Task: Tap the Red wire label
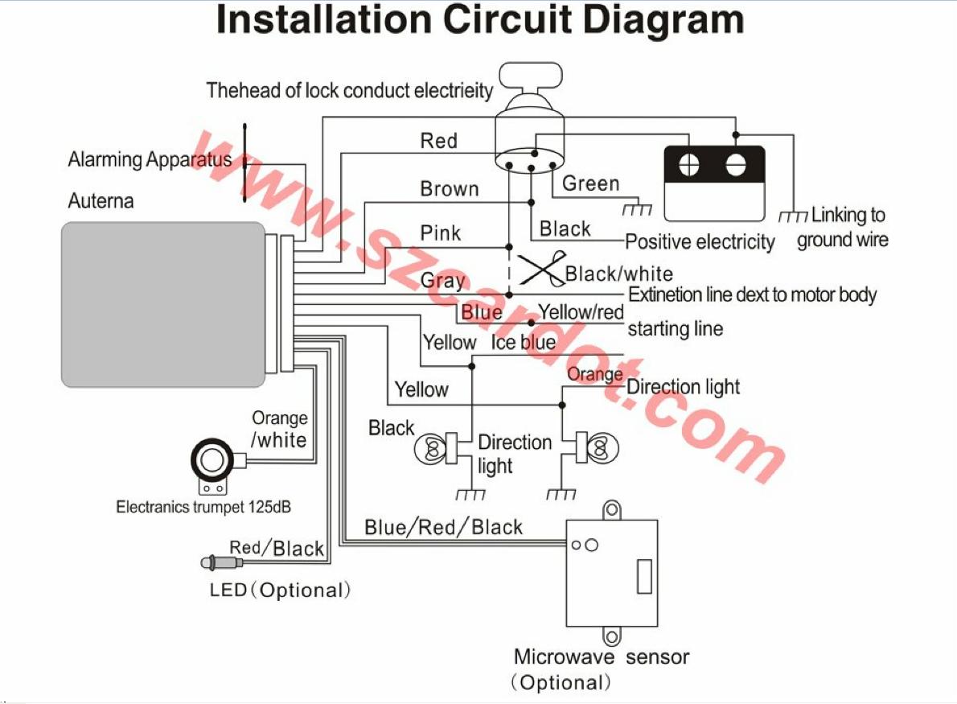[438, 141]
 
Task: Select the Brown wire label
[449, 189]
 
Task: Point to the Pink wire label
[441, 233]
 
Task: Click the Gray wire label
[442, 280]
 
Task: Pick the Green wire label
[590, 183]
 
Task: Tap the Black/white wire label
[618, 274]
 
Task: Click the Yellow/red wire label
[581, 311]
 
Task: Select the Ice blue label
[523, 342]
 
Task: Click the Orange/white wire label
[279, 429]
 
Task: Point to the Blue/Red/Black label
[443, 527]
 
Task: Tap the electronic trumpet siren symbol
[213, 462]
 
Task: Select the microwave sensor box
[612, 572]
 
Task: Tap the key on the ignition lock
[528, 77]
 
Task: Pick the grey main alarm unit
[164, 305]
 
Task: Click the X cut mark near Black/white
[540, 270]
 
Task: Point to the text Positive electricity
[700, 241]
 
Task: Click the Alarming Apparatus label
[150, 159]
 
